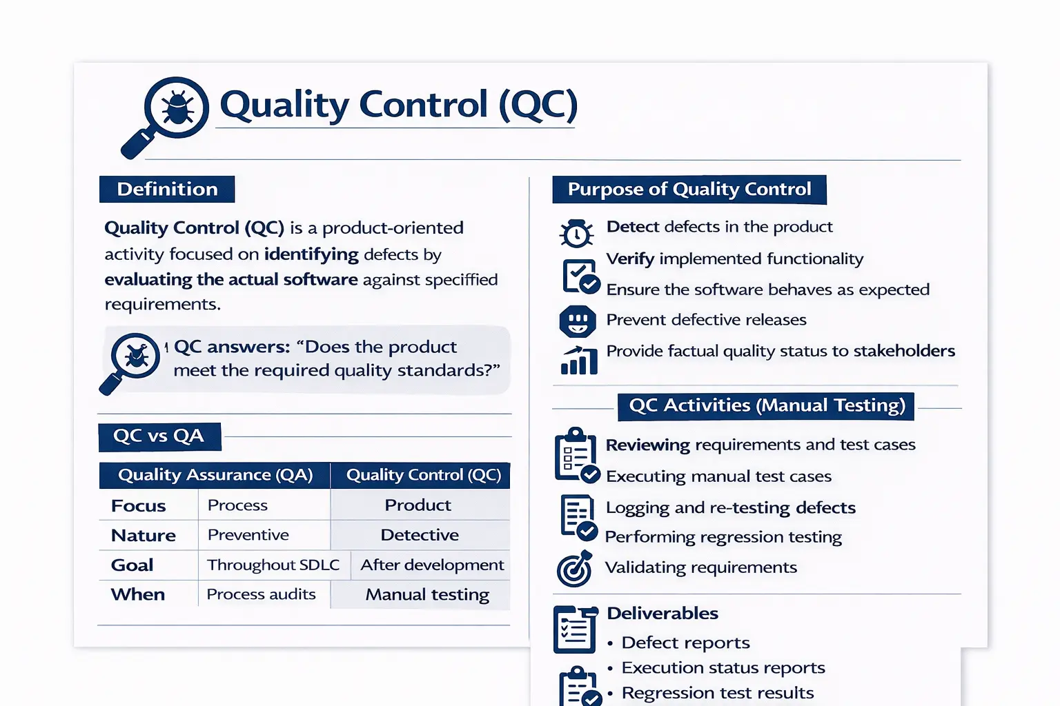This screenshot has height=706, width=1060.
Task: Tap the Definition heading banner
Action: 167,190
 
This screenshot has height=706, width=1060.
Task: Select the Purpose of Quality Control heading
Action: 689,190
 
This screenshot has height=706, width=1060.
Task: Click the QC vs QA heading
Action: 159,436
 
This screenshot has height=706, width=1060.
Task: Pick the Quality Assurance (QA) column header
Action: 215,475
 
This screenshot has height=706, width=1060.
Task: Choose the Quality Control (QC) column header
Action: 423,475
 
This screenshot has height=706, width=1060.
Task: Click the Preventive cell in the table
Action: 248,535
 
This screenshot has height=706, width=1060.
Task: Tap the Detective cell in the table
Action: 420,535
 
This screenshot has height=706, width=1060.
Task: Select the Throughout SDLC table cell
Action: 273,565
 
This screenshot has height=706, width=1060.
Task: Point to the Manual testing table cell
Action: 427,594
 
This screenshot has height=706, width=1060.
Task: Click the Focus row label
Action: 139,506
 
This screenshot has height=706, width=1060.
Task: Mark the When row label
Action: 138,594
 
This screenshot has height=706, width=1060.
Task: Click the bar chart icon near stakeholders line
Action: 579,360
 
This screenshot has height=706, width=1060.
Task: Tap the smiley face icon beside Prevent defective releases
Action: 578,321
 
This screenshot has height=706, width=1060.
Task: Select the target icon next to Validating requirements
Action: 575,569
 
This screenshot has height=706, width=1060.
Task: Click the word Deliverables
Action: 662,614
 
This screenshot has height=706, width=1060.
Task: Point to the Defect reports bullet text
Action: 685,643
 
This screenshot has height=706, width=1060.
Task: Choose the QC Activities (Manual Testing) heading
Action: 767,405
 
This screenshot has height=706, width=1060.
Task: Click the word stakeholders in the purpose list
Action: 904,351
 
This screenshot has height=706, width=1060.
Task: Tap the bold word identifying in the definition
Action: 311,254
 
